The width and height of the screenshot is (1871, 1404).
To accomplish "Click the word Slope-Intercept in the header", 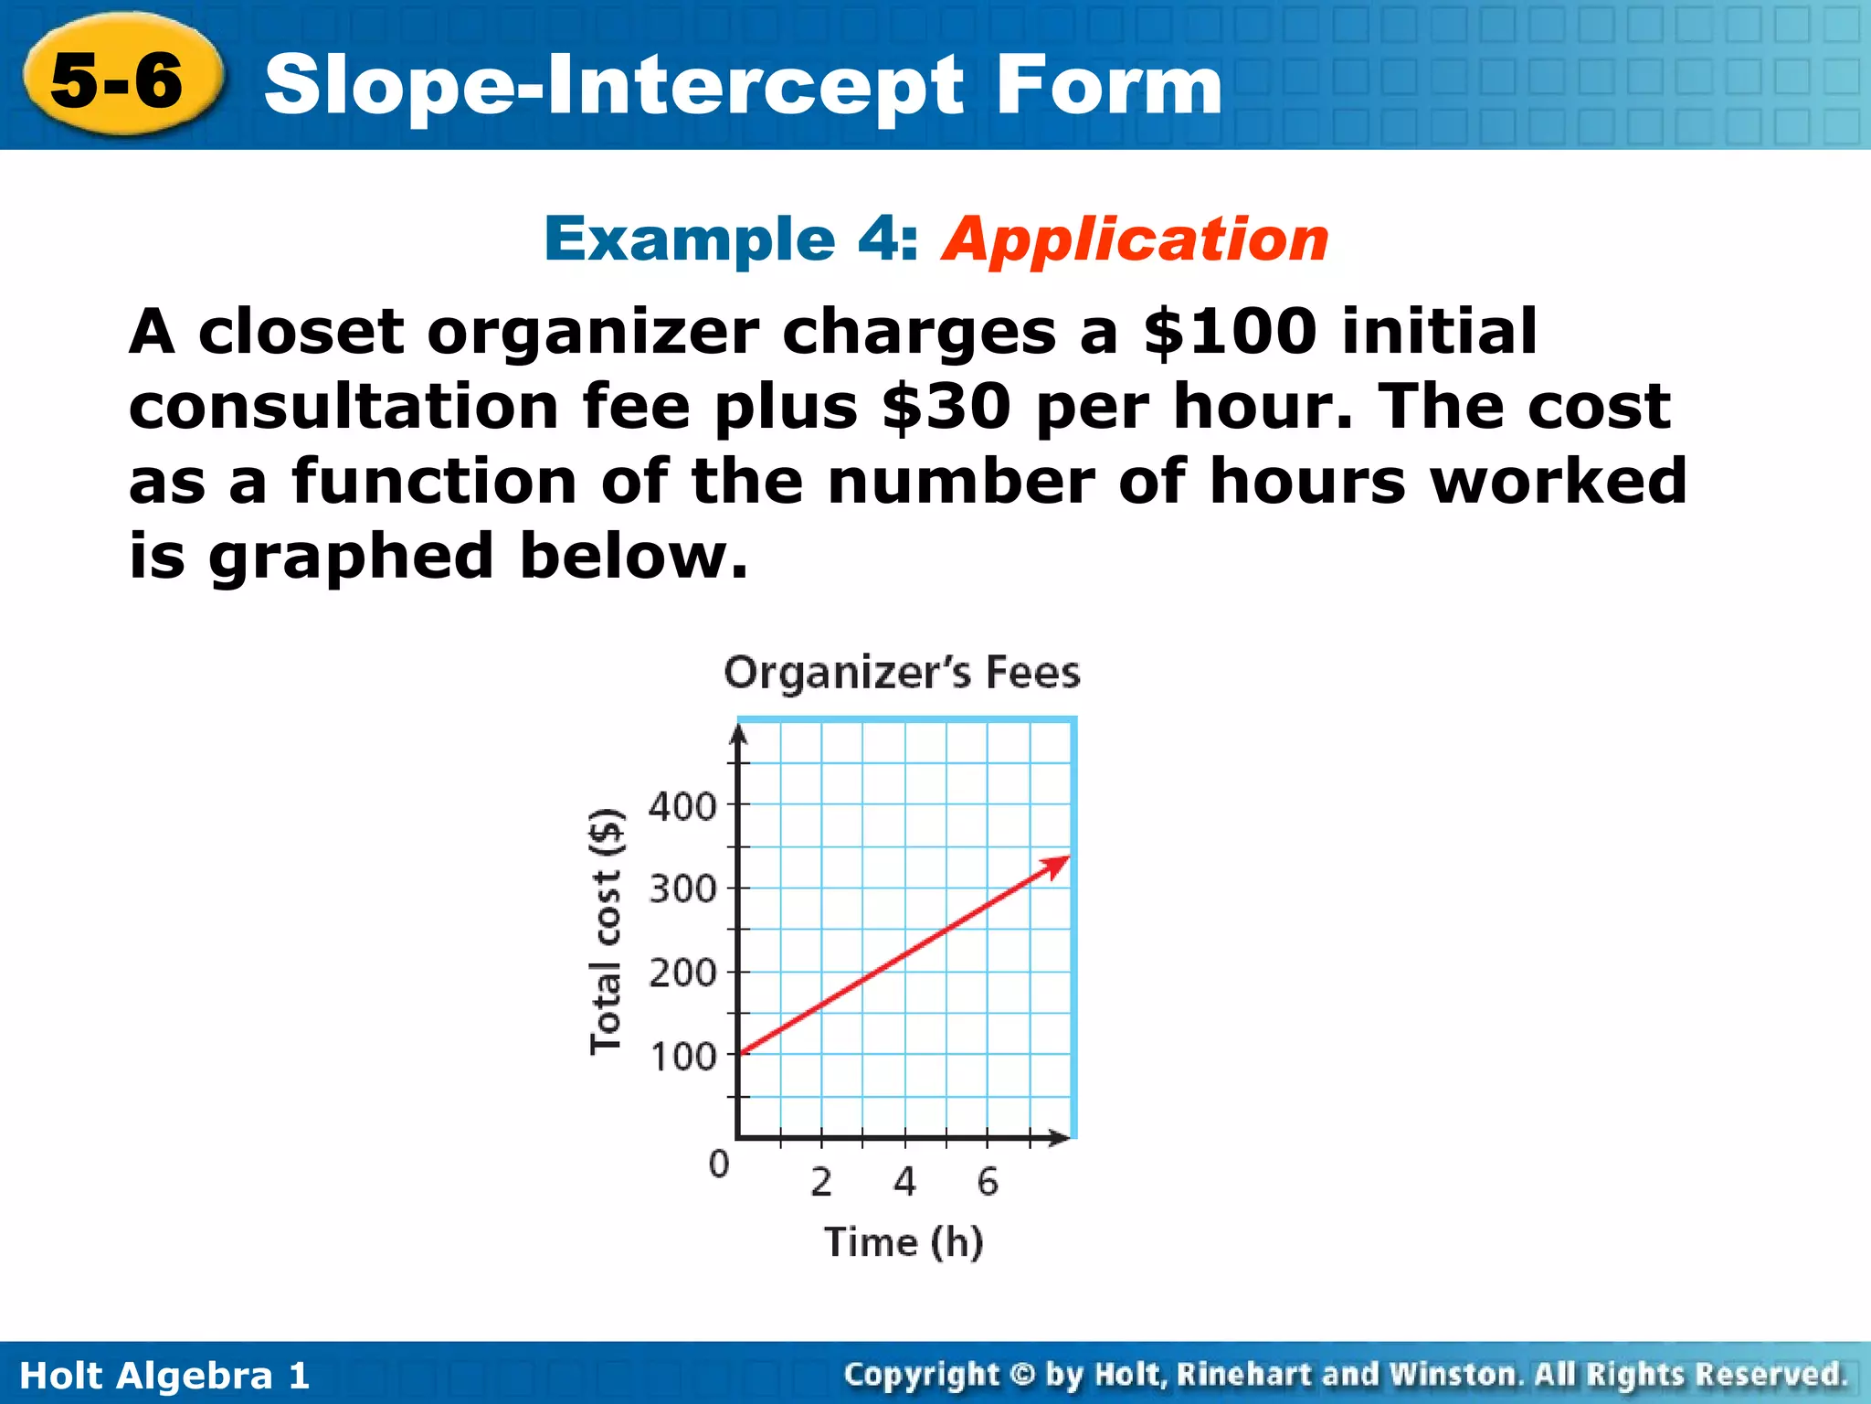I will [x=612, y=86].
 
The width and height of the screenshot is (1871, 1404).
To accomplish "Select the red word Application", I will [x=1135, y=239].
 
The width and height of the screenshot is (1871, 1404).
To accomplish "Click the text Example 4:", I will [x=731, y=239].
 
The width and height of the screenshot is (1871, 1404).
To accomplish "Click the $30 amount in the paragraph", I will [x=946, y=407].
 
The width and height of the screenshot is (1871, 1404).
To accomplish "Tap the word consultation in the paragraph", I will [x=344, y=407].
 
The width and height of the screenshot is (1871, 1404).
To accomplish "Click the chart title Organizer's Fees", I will [x=902, y=673].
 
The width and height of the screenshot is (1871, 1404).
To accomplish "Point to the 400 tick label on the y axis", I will [x=682, y=807].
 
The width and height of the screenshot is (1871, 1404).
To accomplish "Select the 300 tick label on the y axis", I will [x=682, y=888].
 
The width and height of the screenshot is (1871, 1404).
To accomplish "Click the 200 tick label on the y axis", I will [x=682, y=973].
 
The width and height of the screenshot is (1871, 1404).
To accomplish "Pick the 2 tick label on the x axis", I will [x=821, y=1182].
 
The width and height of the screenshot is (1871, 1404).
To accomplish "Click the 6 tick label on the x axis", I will [x=988, y=1182].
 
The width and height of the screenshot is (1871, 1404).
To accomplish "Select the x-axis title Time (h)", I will [x=904, y=1242].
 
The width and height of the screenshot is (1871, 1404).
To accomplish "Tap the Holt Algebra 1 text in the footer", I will [x=164, y=1376].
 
